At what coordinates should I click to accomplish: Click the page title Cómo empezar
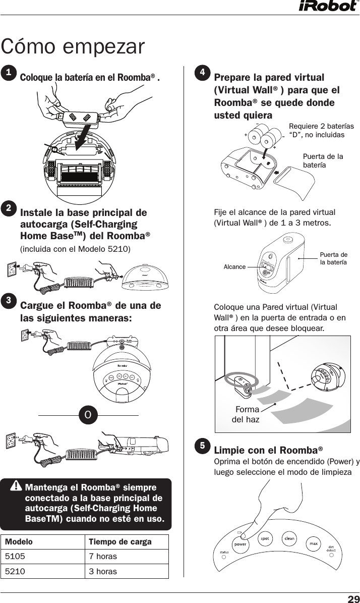[x=73, y=46]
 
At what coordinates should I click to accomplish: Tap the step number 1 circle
[x=8, y=73]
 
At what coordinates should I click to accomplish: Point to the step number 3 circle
[x=8, y=300]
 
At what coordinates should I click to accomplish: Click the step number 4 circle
[x=202, y=73]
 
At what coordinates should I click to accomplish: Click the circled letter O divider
[x=88, y=415]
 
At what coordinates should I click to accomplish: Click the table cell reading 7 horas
[x=103, y=556]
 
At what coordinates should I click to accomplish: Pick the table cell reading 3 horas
[x=103, y=571]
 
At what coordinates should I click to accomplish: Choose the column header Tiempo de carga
[x=120, y=542]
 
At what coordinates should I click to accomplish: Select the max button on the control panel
[x=313, y=544]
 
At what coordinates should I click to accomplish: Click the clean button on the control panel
[x=289, y=538]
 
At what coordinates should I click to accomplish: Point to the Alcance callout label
[x=234, y=267]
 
